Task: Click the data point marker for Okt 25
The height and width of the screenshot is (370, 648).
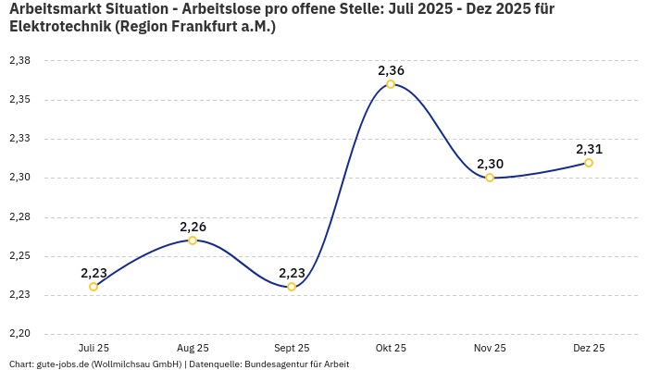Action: [x=391, y=84]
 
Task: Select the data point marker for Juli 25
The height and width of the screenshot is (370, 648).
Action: [x=93, y=287]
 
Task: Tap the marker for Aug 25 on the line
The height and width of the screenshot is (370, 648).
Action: [x=193, y=240]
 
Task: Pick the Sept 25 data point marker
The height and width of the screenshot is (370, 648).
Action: [x=292, y=287]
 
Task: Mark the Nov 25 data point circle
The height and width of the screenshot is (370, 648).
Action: [x=490, y=178]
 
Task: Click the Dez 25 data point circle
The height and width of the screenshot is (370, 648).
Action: [x=589, y=163]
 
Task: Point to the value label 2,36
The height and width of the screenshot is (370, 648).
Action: [x=391, y=70]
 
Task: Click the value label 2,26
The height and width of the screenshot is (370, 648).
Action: [x=193, y=227]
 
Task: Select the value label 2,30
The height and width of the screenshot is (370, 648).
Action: [x=490, y=164]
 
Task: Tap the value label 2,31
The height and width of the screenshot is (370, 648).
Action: [x=589, y=149]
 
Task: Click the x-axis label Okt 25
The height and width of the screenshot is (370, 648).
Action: [x=391, y=348]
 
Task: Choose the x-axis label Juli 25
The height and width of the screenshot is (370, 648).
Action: [x=93, y=348]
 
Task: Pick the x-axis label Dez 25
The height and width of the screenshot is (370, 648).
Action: [x=589, y=348]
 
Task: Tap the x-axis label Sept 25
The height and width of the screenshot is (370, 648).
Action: [x=292, y=348]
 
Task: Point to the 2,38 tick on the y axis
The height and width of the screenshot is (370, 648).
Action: [x=19, y=61]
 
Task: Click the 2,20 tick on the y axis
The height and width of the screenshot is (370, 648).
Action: [x=19, y=334]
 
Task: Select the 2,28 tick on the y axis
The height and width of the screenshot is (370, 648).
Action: [x=19, y=217]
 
